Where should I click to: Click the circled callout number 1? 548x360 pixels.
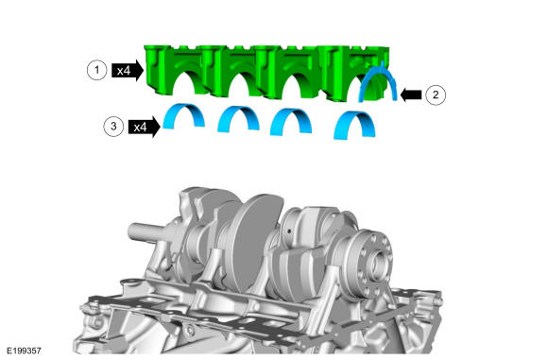pyautogui.click(x=96, y=70)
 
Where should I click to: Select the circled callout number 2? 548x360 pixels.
pyautogui.click(x=436, y=94)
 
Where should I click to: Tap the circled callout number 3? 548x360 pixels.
pyautogui.click(x=113, y=127)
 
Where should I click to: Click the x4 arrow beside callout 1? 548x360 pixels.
pyautogui.click(x=128, y=71)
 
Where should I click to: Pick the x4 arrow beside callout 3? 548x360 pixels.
pyautogui.click(x=145, y=127)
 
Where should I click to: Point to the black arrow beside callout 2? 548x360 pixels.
pyautogui.click(x=411, y=94)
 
